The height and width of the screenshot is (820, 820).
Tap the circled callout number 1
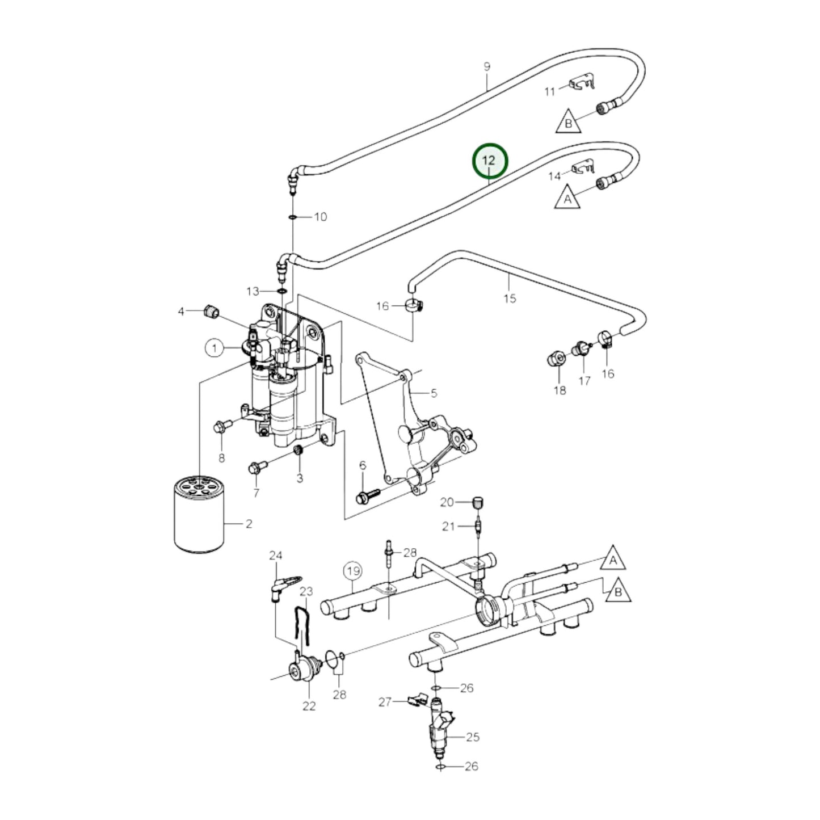[215, 348]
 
